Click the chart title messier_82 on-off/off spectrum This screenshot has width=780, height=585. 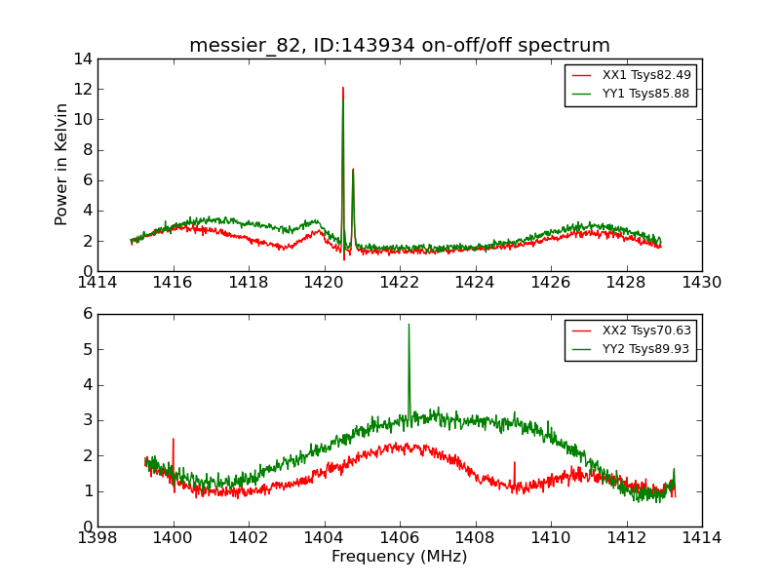tap(399, 46)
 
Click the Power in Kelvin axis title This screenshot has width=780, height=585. tap(61, 164)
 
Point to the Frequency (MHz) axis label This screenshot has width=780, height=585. tap(399, 557)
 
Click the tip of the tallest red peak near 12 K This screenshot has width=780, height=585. tap(343, 88)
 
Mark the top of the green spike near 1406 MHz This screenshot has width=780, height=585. tap(409, 325)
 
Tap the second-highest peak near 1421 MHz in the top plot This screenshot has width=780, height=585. tap(353, 170)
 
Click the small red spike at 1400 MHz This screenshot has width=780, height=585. tap(174, 440)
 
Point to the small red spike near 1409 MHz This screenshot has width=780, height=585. tap(514, 463)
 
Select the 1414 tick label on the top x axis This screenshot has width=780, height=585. tap(97, 283)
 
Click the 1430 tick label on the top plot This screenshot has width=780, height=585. tap(701, 283)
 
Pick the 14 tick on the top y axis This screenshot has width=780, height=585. tap(82, 58)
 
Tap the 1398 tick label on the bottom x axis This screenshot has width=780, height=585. tap(97, 538)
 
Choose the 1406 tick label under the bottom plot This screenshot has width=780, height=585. tap(399, 538)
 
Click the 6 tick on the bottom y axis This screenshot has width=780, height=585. tap(87, 314)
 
